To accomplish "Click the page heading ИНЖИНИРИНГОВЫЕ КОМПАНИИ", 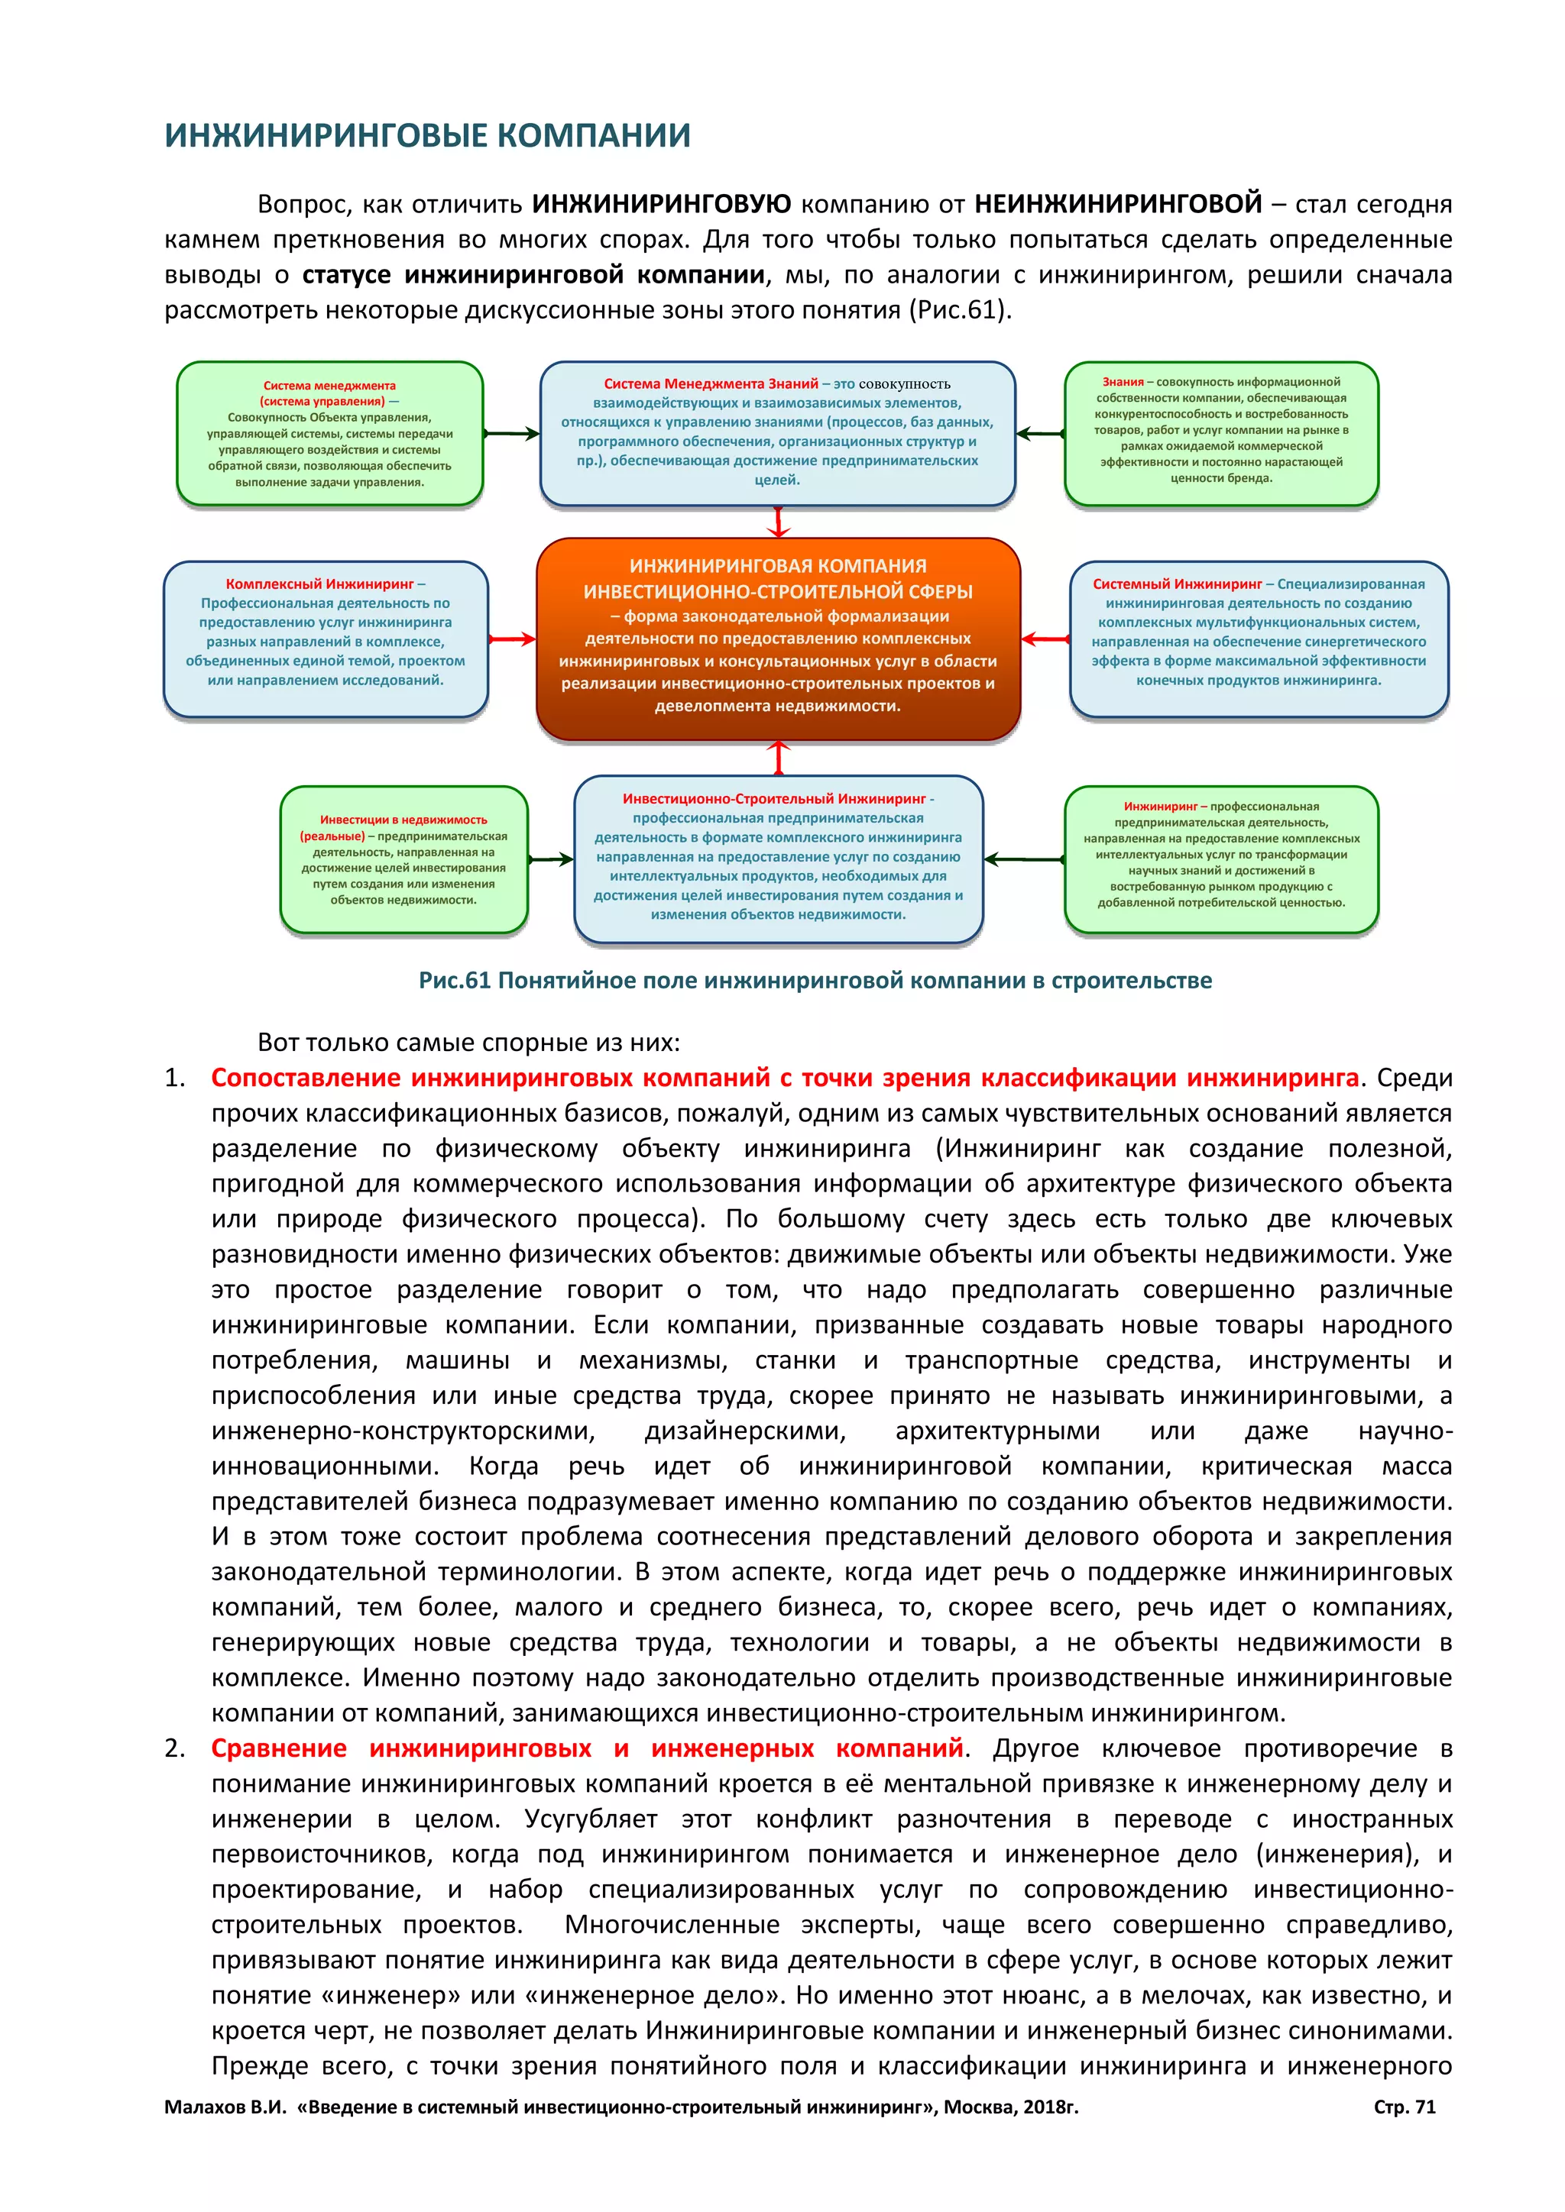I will [x=427, y=136].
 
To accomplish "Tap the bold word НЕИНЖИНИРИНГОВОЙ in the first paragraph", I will [x=1118, y=204].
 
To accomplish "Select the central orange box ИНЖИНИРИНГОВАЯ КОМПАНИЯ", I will [x=778, y=638].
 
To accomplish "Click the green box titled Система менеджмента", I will [x=329, y=434].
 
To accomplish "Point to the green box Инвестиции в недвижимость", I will [x=403, y=859].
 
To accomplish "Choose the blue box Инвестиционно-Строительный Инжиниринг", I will [x=778, y=858].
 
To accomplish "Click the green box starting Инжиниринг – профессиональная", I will [x=1221, y=859].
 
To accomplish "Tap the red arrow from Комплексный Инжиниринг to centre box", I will [x=512, y=639].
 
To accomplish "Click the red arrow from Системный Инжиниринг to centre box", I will [x=1045, y=639].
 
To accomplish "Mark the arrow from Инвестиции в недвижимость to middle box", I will [x=550, y=859].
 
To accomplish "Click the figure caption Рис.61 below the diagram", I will [x=815, y=981].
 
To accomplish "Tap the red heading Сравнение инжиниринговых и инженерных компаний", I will [x=587, y=1748].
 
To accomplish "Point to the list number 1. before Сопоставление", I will [x=174, y=1078].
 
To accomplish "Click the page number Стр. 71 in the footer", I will [x=1404, y=2107].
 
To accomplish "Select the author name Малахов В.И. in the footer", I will [x=225, y=2107].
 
